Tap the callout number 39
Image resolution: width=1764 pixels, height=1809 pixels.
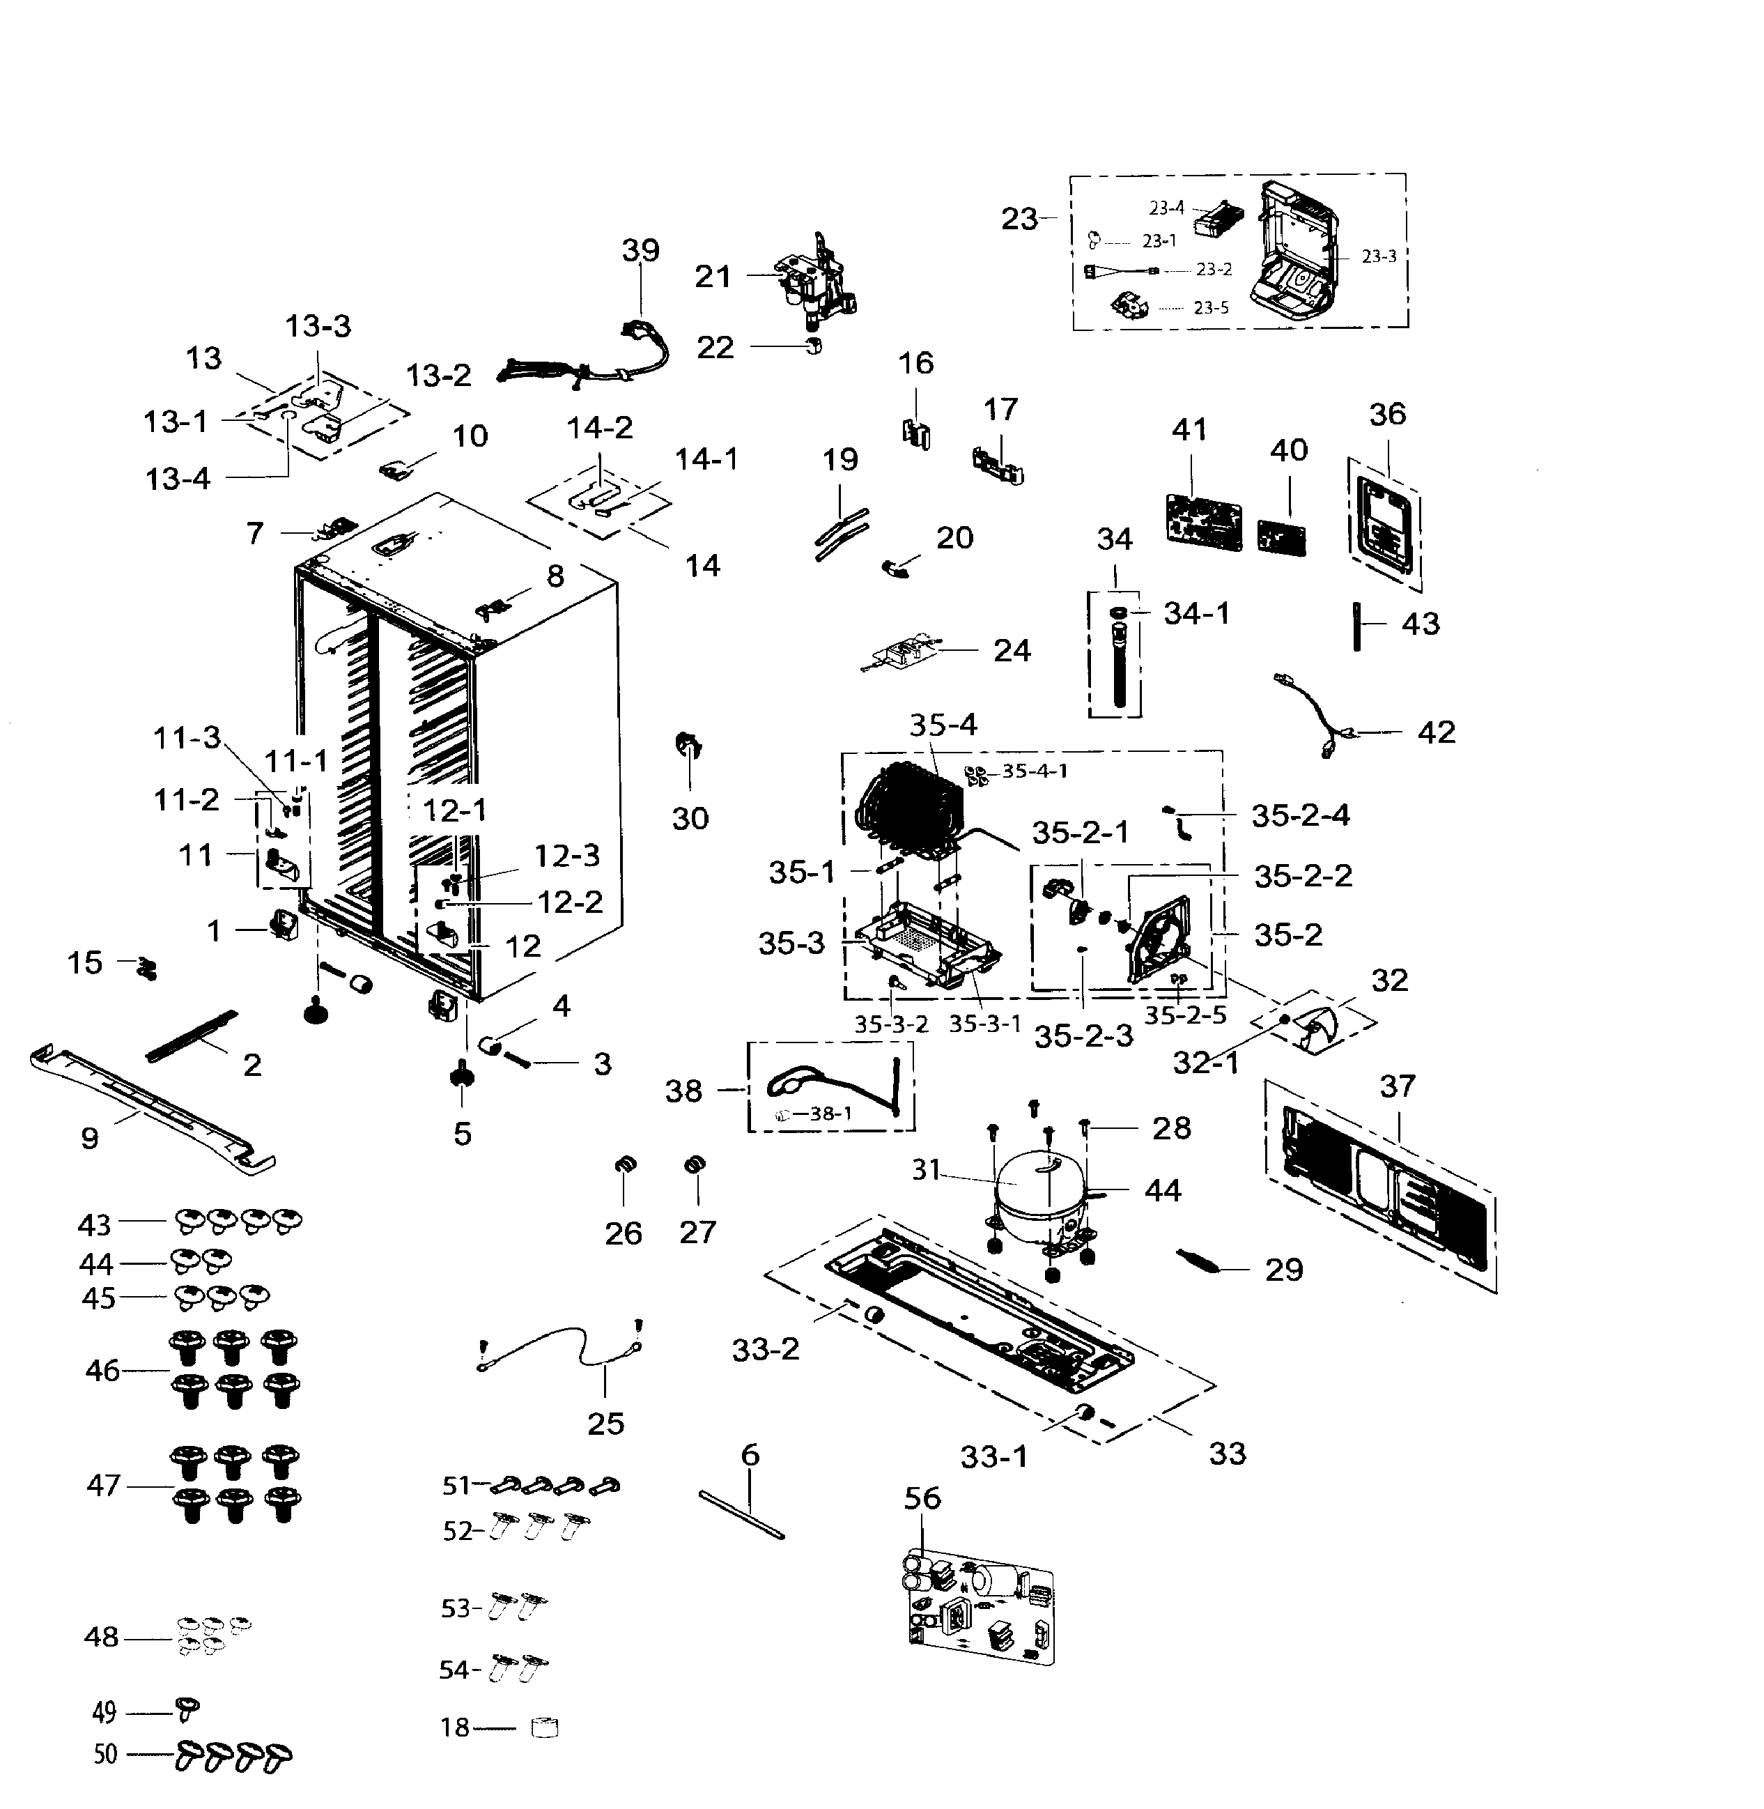tap(640, 250)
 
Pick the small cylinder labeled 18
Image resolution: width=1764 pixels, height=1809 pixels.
tap(545, 1727)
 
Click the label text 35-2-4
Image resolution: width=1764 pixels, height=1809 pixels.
tap(1300, 815)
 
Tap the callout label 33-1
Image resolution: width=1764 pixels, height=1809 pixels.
tap(993, 1457)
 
